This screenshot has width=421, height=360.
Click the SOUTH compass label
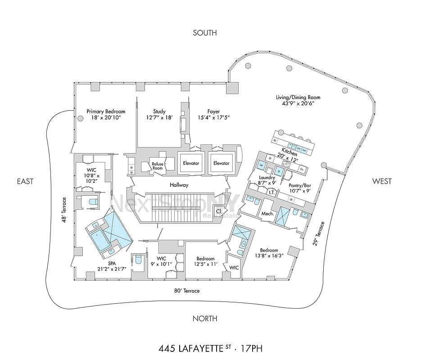(x=205, y=32)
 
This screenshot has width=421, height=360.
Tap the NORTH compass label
(x=205, y=319)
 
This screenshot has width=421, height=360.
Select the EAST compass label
(x=25, y=181)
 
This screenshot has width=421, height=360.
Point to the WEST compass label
(x=382, y=181)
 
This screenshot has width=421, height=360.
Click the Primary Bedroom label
(x=106, y=112)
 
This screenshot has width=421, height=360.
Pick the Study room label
(x=159, y=112)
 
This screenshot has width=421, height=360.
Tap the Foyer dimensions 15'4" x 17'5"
(x=214, y=118)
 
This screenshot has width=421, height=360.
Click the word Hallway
(x=179, y=185)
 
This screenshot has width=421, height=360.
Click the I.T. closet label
(x=272, y=193)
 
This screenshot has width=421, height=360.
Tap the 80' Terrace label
(x=187, y=291)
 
